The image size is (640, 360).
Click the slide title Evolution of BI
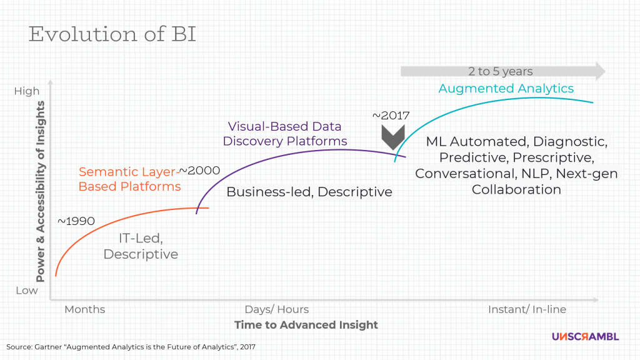112,34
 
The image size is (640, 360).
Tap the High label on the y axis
26,91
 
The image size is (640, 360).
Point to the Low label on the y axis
26,291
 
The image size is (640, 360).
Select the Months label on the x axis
84,309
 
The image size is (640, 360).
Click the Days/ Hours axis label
276,309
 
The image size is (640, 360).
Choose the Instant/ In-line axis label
527,309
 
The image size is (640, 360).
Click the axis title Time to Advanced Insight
306,325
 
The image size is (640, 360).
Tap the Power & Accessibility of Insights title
41,191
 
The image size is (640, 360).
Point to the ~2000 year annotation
199,171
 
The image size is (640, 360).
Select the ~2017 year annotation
391,116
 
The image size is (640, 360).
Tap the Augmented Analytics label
506,88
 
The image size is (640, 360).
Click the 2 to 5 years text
500,71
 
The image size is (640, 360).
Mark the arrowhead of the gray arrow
599,71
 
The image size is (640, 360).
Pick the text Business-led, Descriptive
309,192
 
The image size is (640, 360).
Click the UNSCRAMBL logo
585,336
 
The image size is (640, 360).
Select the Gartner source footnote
131,346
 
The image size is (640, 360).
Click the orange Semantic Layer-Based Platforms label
129,178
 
